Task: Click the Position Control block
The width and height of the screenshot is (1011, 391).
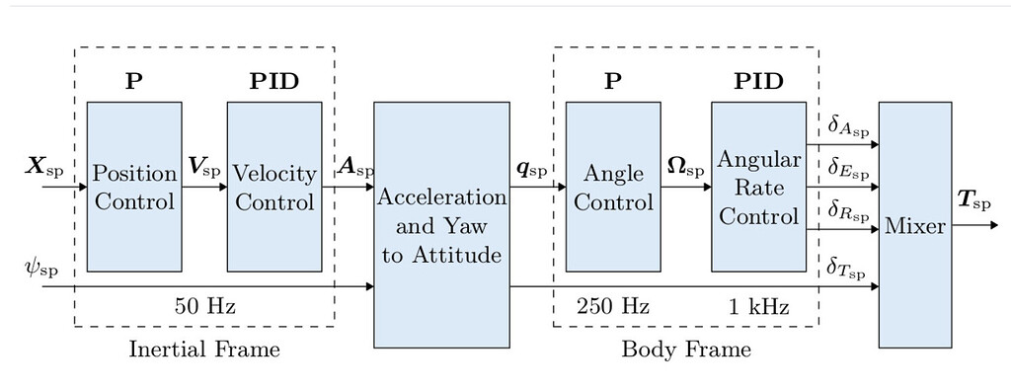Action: click(134, 187)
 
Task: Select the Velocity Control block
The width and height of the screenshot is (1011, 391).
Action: click(273, 187)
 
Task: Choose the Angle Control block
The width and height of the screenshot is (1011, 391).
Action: click(613, 187)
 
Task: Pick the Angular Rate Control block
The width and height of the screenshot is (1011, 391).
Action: click(758, 187)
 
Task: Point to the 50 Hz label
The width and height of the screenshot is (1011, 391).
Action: click(205, 307)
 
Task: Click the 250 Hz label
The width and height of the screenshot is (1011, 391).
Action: click(613, 307)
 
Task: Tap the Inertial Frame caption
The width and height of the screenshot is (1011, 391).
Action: click(205, 349)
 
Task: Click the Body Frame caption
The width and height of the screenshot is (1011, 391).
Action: click(686, 349)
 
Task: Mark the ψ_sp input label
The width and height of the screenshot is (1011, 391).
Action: click(39, 268)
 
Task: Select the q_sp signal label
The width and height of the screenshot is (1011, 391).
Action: click(531, 166)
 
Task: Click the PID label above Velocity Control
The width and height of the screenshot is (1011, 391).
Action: click(273, 81)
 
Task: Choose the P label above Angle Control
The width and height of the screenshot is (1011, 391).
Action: click(613, 81)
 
